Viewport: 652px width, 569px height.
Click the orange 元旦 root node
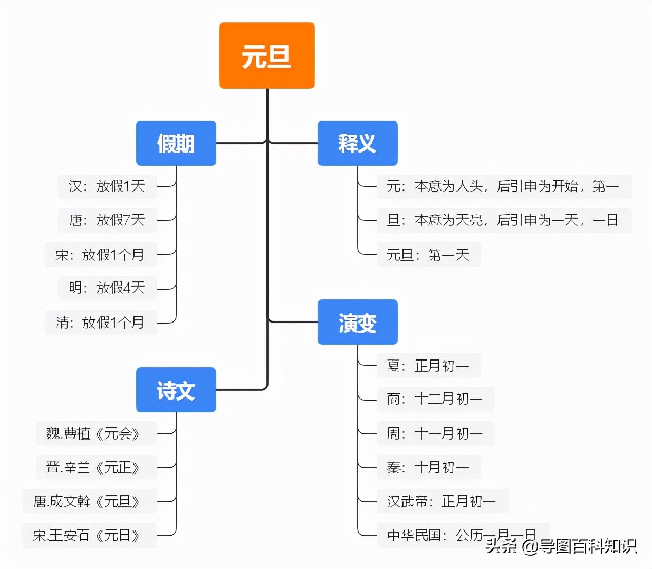point(266,55)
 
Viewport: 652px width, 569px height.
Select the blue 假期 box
point(176,143)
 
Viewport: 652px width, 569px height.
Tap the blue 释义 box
point(357,143)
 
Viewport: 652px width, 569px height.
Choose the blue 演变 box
point(357,322)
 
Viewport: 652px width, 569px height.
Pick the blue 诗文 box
point(176,390)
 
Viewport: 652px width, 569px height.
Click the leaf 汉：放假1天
point(107,186)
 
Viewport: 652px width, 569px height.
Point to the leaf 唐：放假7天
point(107,220)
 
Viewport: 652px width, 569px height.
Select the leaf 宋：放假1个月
point(101,254)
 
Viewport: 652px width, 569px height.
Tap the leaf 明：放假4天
point(107,288)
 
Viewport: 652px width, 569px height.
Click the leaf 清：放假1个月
point(101,323)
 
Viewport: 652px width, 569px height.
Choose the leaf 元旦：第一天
point(429,255)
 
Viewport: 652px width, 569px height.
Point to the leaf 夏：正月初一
point(429,366)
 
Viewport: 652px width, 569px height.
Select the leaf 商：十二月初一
point(435,399)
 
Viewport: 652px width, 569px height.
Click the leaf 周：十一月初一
point(435,433)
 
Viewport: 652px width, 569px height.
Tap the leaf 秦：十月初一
point(429,467)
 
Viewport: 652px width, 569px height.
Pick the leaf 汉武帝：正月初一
point(443,501)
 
